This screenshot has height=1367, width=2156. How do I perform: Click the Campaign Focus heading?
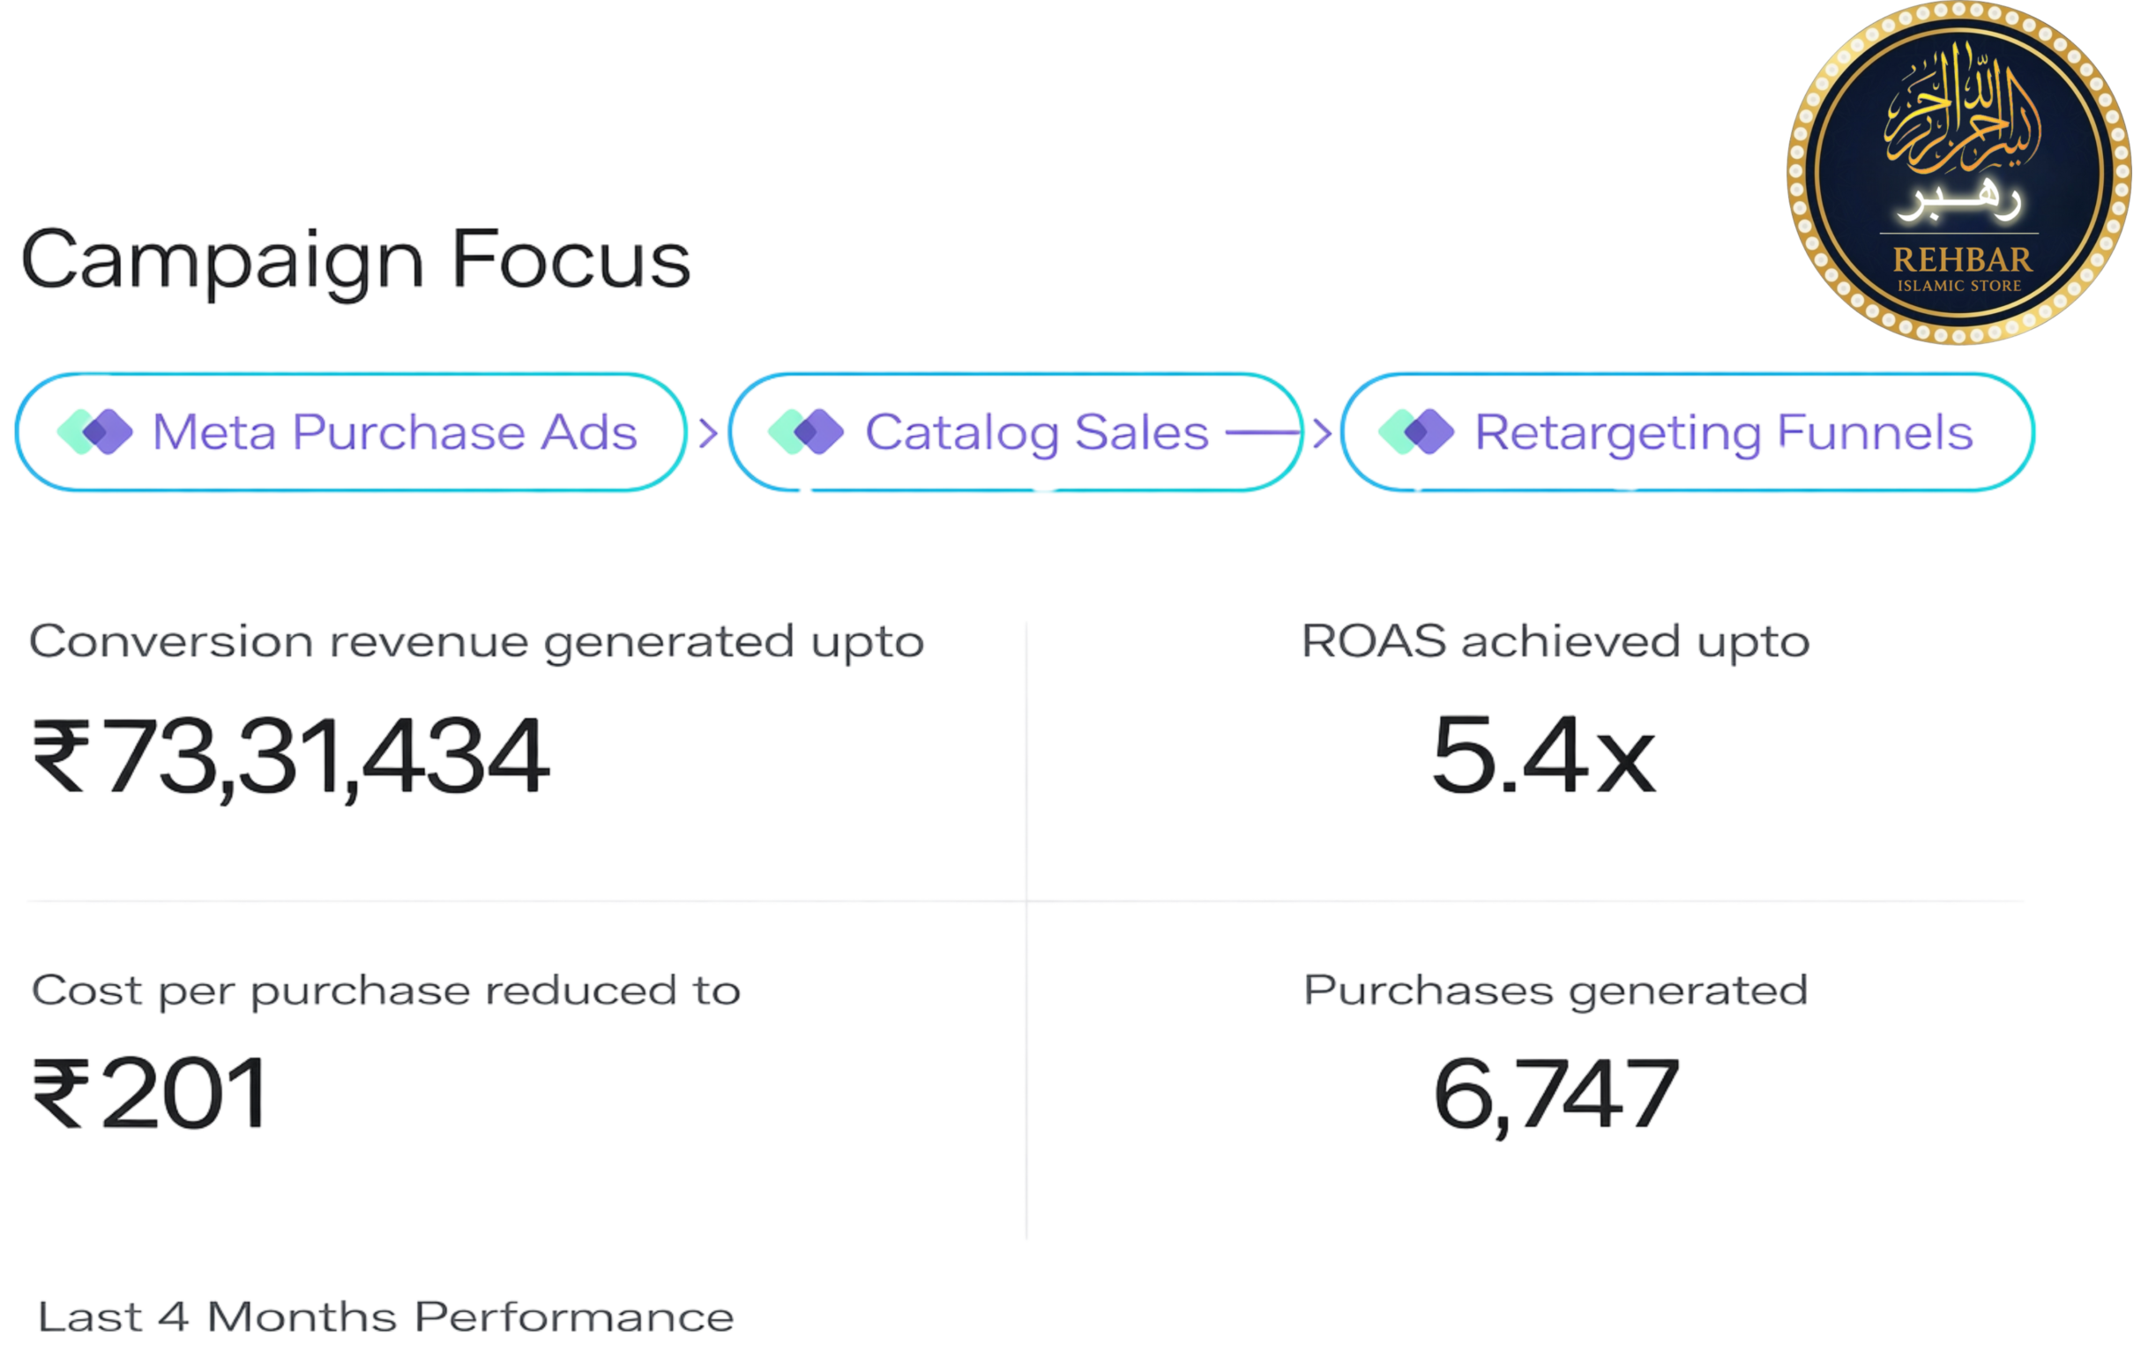(355, 259)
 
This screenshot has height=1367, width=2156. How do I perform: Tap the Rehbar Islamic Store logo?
(1959, 173)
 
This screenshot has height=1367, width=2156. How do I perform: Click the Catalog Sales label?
(1036, 432)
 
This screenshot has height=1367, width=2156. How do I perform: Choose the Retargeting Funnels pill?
(1688, 432)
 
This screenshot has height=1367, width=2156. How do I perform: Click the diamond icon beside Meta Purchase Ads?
(95, 431)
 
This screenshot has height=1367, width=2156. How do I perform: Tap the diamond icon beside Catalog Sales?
(806, 431)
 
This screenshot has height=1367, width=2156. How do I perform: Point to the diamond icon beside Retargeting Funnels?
(1415, 431)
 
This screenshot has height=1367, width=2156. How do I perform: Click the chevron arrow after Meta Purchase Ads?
(707, 433)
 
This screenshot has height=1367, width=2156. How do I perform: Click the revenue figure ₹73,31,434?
(292, 757)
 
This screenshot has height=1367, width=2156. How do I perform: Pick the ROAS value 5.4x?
(1543, 755)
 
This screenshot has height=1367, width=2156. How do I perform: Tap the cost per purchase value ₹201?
(151, 1093)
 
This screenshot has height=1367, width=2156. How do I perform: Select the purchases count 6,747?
(1556, 1094)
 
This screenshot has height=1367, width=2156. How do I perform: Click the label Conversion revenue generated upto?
(477, 643)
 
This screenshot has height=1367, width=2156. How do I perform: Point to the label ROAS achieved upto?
(1555, 642)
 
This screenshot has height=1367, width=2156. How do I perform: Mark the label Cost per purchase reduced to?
(386, 991)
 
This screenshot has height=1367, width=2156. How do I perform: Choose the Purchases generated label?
(1555, 992)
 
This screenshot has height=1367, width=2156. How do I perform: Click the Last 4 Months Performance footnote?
(385, 1318)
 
